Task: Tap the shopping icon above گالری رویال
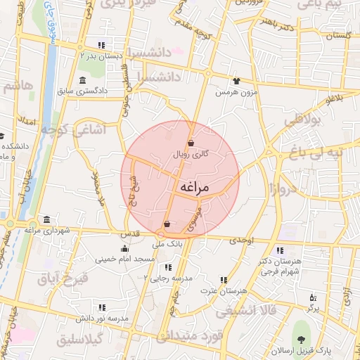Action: [191, 143]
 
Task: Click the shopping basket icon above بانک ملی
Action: [167, 226]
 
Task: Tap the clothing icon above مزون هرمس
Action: [236, 81]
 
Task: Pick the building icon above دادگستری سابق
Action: [83, 79]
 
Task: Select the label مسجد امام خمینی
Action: [125, 259]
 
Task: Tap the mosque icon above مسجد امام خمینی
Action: [125, 248]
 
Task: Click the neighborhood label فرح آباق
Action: [64, 278]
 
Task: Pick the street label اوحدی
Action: [241, 240]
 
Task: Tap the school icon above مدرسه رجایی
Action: [167, 267]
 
